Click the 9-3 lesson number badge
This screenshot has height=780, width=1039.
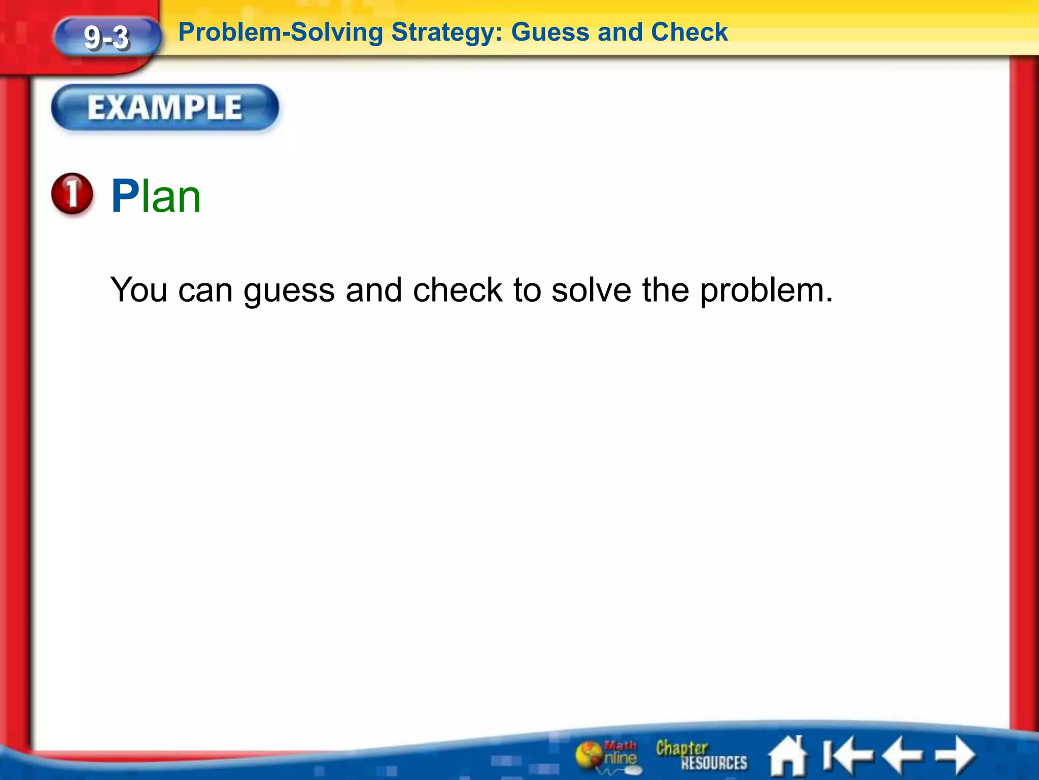pos(107,38)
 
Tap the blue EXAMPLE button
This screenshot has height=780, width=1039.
pos(165,108)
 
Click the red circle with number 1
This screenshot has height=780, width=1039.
pos(73,194)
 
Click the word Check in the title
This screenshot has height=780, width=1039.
pos(689,32)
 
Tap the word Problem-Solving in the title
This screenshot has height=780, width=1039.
pos(281,32)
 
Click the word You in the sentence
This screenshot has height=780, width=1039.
pos(139,290)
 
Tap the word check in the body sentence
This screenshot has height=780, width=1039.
pos(458,290)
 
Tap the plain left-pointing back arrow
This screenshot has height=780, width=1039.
pos(903,756)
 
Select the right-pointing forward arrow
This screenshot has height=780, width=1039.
pos(955,756)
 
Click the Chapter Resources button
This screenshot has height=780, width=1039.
pos(701,755)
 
